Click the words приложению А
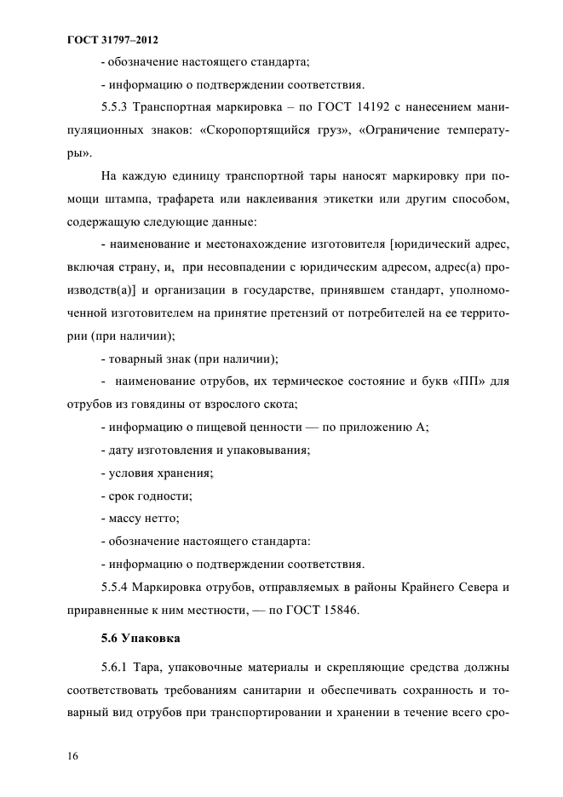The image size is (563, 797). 382,427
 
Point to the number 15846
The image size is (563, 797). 335,610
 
